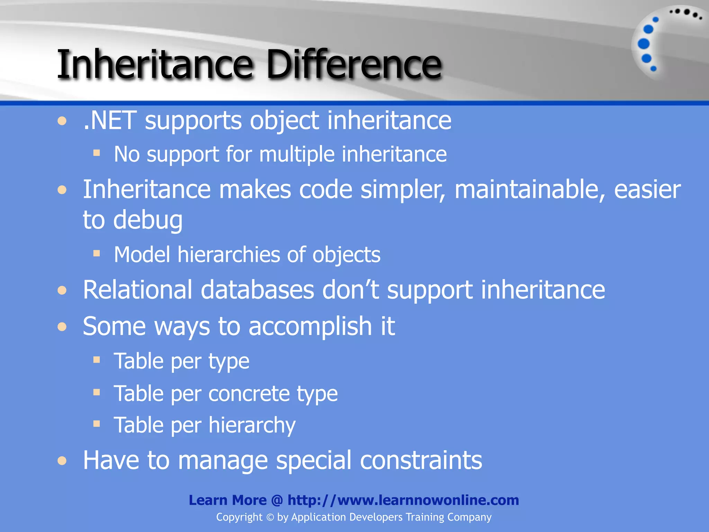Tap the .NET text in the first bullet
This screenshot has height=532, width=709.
[110, 121]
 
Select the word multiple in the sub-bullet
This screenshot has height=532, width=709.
[296, 154]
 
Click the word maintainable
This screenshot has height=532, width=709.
[530, 190]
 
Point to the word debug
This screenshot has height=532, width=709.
[148, 220]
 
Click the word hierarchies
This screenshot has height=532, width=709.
[228, 255]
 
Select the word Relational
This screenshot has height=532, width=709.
[137, 290]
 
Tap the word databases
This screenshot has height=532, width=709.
[257, 290]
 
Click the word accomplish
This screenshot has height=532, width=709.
[310, 326]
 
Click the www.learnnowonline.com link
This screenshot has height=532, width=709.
[403, 500]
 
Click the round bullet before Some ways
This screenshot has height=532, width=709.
[62, 327]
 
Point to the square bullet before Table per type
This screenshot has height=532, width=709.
[97, 360]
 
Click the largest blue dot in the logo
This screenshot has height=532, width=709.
[644, 44]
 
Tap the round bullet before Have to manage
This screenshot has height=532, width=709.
[62, 461]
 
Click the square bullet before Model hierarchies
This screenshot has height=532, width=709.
[97, 254]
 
